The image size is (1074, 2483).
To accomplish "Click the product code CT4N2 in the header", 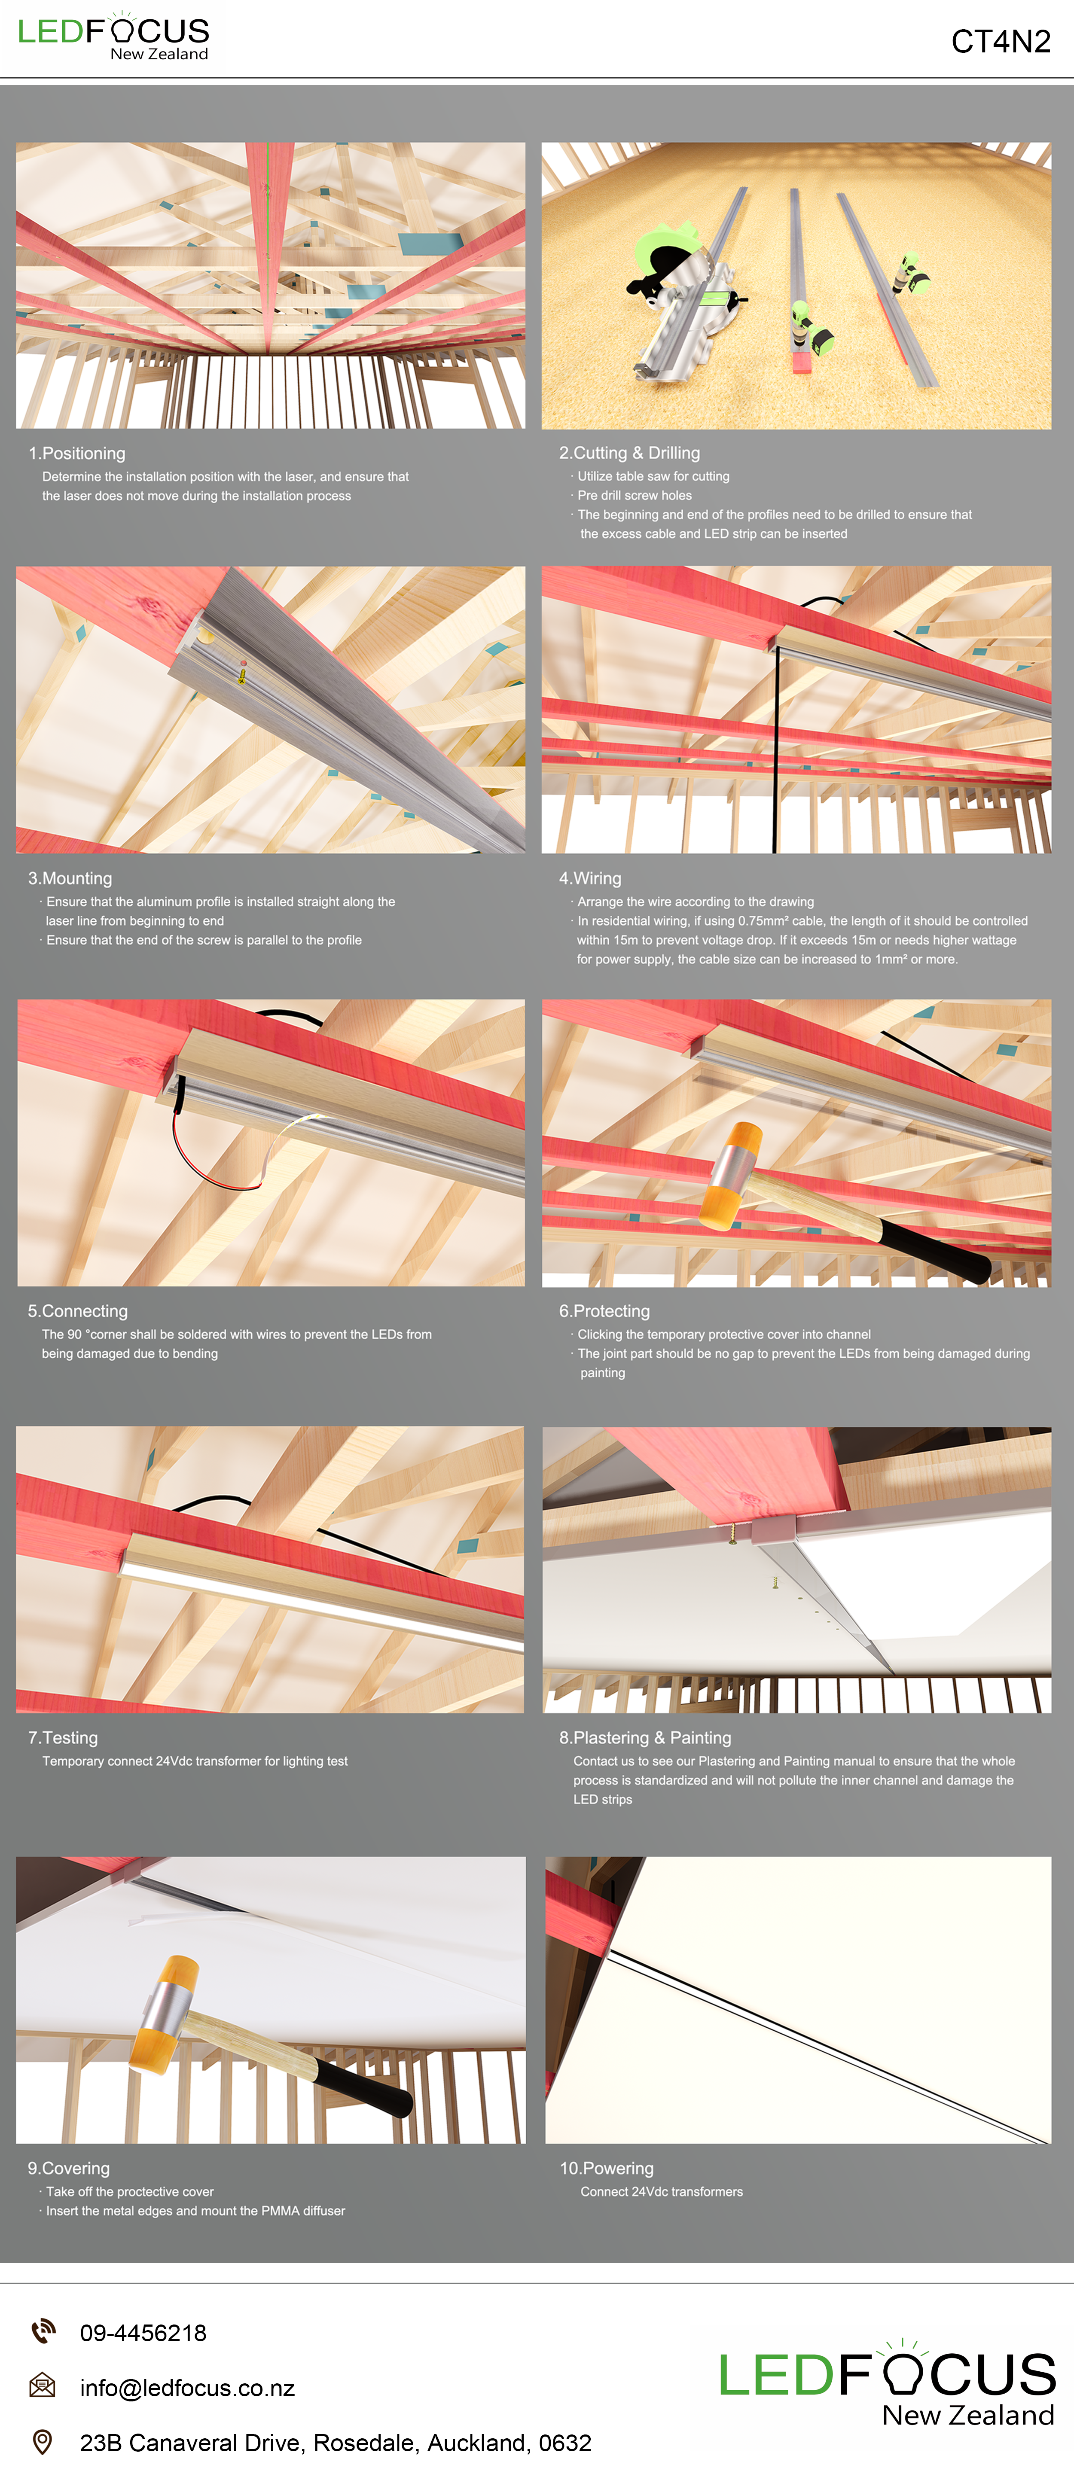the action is click(1001, 41).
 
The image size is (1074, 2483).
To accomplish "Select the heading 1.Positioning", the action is click(77, 453).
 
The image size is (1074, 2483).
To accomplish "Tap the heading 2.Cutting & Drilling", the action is click(629, 453).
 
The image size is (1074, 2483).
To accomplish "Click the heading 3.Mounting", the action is click(70, 878).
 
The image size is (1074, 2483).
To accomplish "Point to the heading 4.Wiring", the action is click(590, 878).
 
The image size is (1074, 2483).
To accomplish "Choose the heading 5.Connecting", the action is click(78, 1311).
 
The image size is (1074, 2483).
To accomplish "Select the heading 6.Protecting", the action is click(604, 1311).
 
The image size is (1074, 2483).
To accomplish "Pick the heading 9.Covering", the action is click(68, 2168).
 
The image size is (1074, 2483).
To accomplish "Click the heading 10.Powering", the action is click(607, 2168).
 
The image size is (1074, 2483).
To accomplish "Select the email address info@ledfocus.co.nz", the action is click(187, 2388).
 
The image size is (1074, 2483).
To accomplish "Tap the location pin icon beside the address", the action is click(43, 2442).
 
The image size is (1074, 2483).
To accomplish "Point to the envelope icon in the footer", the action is click(43, 2387).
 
